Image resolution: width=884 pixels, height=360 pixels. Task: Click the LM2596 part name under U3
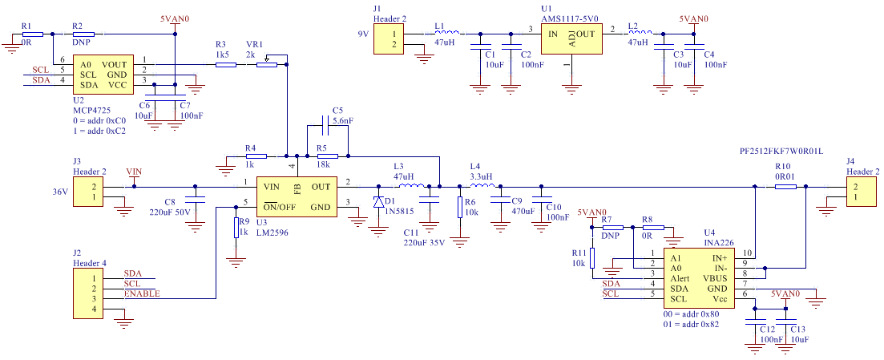(272, 232)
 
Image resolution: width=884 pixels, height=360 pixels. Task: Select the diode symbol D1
(377, 202)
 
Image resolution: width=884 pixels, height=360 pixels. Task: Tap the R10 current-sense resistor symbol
(785, 186)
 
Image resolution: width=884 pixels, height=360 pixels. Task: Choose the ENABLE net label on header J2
(142, 294)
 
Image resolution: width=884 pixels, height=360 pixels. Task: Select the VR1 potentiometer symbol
(267, 63)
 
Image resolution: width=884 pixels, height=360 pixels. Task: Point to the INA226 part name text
(718, 243)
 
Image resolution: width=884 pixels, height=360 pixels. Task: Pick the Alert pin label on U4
(681, 278)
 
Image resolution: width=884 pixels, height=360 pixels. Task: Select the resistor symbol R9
(236, 229)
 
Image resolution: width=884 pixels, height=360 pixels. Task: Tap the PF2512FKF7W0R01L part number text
(781, 152)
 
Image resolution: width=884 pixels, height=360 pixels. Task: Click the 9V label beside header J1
(363, 34)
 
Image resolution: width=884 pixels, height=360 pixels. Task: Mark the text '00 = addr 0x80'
(692, 313)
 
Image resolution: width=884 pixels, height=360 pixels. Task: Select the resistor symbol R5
(327, 156)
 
